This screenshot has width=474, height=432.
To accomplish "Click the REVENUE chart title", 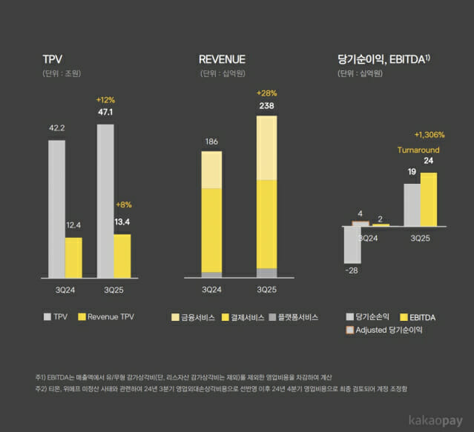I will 222,59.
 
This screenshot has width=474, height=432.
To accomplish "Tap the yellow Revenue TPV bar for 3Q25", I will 122,256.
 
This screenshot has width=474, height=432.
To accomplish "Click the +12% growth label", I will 106,99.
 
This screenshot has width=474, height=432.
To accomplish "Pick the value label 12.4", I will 73,225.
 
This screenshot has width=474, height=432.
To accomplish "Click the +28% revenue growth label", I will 267,93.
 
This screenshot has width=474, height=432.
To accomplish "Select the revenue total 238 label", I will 267,105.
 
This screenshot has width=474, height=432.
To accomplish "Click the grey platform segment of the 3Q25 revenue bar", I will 267,273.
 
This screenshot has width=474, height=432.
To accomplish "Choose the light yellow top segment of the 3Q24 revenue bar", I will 211,170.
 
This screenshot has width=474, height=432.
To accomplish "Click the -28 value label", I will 352,270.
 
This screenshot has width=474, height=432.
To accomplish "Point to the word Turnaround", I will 418,150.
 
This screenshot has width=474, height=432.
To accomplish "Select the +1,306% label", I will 429,135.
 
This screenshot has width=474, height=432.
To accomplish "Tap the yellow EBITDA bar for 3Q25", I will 429,199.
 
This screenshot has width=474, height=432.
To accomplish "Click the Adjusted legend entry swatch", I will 351,330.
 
